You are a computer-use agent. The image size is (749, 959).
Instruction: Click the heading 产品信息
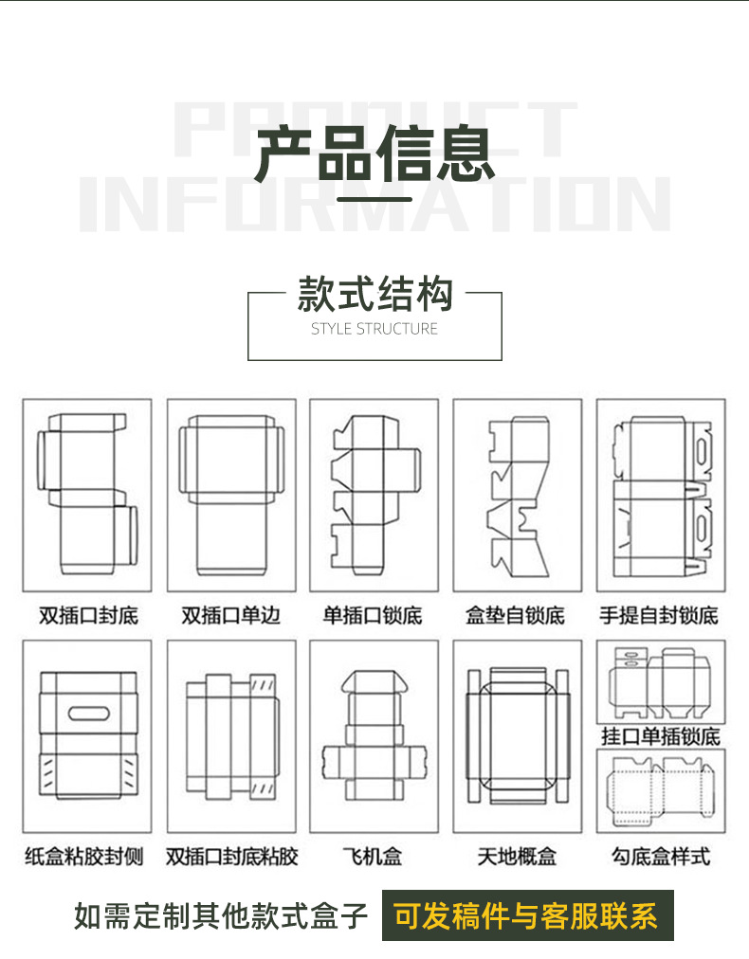pyautogui.click(x=374, y=154)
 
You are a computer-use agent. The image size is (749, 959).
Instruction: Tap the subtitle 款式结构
pyautogui.click(x=374, y=295)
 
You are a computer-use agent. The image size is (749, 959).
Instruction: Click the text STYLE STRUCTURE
pyautogui.click(x=374, y=329)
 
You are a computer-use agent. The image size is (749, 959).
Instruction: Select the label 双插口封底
pyautogui.click(x=88, y=616)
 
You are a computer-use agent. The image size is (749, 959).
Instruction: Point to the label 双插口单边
pyautogui.click(x=231, y=616)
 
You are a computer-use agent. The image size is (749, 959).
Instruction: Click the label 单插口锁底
pyautogui.click(x=373, y=616)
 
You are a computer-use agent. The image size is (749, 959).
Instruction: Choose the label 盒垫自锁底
pyautogui.click(x=516, y=616)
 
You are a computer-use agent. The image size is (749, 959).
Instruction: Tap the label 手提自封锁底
pyautogui.click(x=659, y=616)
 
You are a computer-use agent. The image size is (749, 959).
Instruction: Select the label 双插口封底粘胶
pyautogui.click(x=231, y=857)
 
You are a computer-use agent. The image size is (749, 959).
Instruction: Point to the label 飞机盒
pyautogui.click(x=373, y=857)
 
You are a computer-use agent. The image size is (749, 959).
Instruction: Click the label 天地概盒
pyautogui.click(x=516, y=857)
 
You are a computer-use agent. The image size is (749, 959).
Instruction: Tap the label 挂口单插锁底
pyautogui.click(x=660, y=736)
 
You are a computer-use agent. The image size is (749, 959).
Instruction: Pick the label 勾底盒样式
pyautogui.click(x=660, y=857)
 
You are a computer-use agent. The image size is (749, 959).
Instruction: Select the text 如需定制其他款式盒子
pyautogui.click(x=221, y=916)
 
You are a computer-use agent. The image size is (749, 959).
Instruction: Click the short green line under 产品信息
pyautogui.click(x=374, y=199)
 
